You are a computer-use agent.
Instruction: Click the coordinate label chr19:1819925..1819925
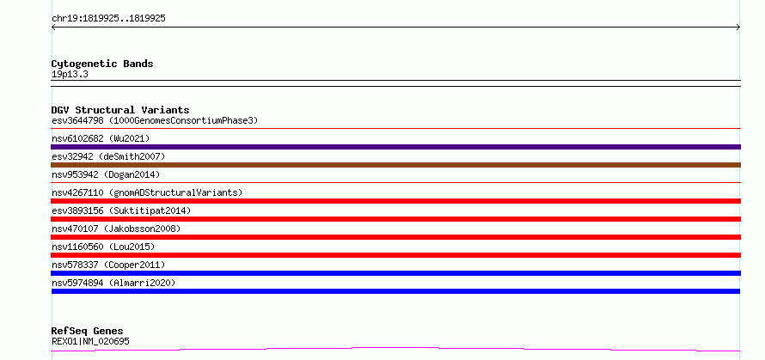coord(108,19)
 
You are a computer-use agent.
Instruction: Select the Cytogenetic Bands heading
coord(102,64)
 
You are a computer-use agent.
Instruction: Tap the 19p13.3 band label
coord(70,75)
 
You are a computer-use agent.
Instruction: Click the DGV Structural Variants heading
coord(120,110)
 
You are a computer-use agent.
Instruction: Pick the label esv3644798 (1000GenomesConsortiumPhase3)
coord(155,120)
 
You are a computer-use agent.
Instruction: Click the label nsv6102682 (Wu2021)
coord(101,138)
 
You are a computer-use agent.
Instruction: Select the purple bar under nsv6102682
coord(395,147)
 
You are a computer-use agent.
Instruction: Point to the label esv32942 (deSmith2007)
coord(108,156)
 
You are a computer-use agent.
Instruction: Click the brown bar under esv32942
coord(395,165)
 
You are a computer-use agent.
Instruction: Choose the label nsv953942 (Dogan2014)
coord(106,174)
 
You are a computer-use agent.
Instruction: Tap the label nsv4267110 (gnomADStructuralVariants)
coord(147,192)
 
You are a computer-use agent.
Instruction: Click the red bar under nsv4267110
coord(395,201)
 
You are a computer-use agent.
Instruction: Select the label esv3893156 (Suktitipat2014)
coord(121,211)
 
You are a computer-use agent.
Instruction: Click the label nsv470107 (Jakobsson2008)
coord(116,229)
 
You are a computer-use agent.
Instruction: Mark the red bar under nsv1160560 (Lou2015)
coord(395,255)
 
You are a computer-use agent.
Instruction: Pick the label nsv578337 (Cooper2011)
coord(108,265)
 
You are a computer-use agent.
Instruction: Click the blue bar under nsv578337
coord(395,273)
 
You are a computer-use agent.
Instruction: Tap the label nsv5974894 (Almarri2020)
coord(113,283)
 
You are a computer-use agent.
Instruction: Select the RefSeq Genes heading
coord(87,332)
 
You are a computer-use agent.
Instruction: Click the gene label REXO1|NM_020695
coord(90,341)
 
